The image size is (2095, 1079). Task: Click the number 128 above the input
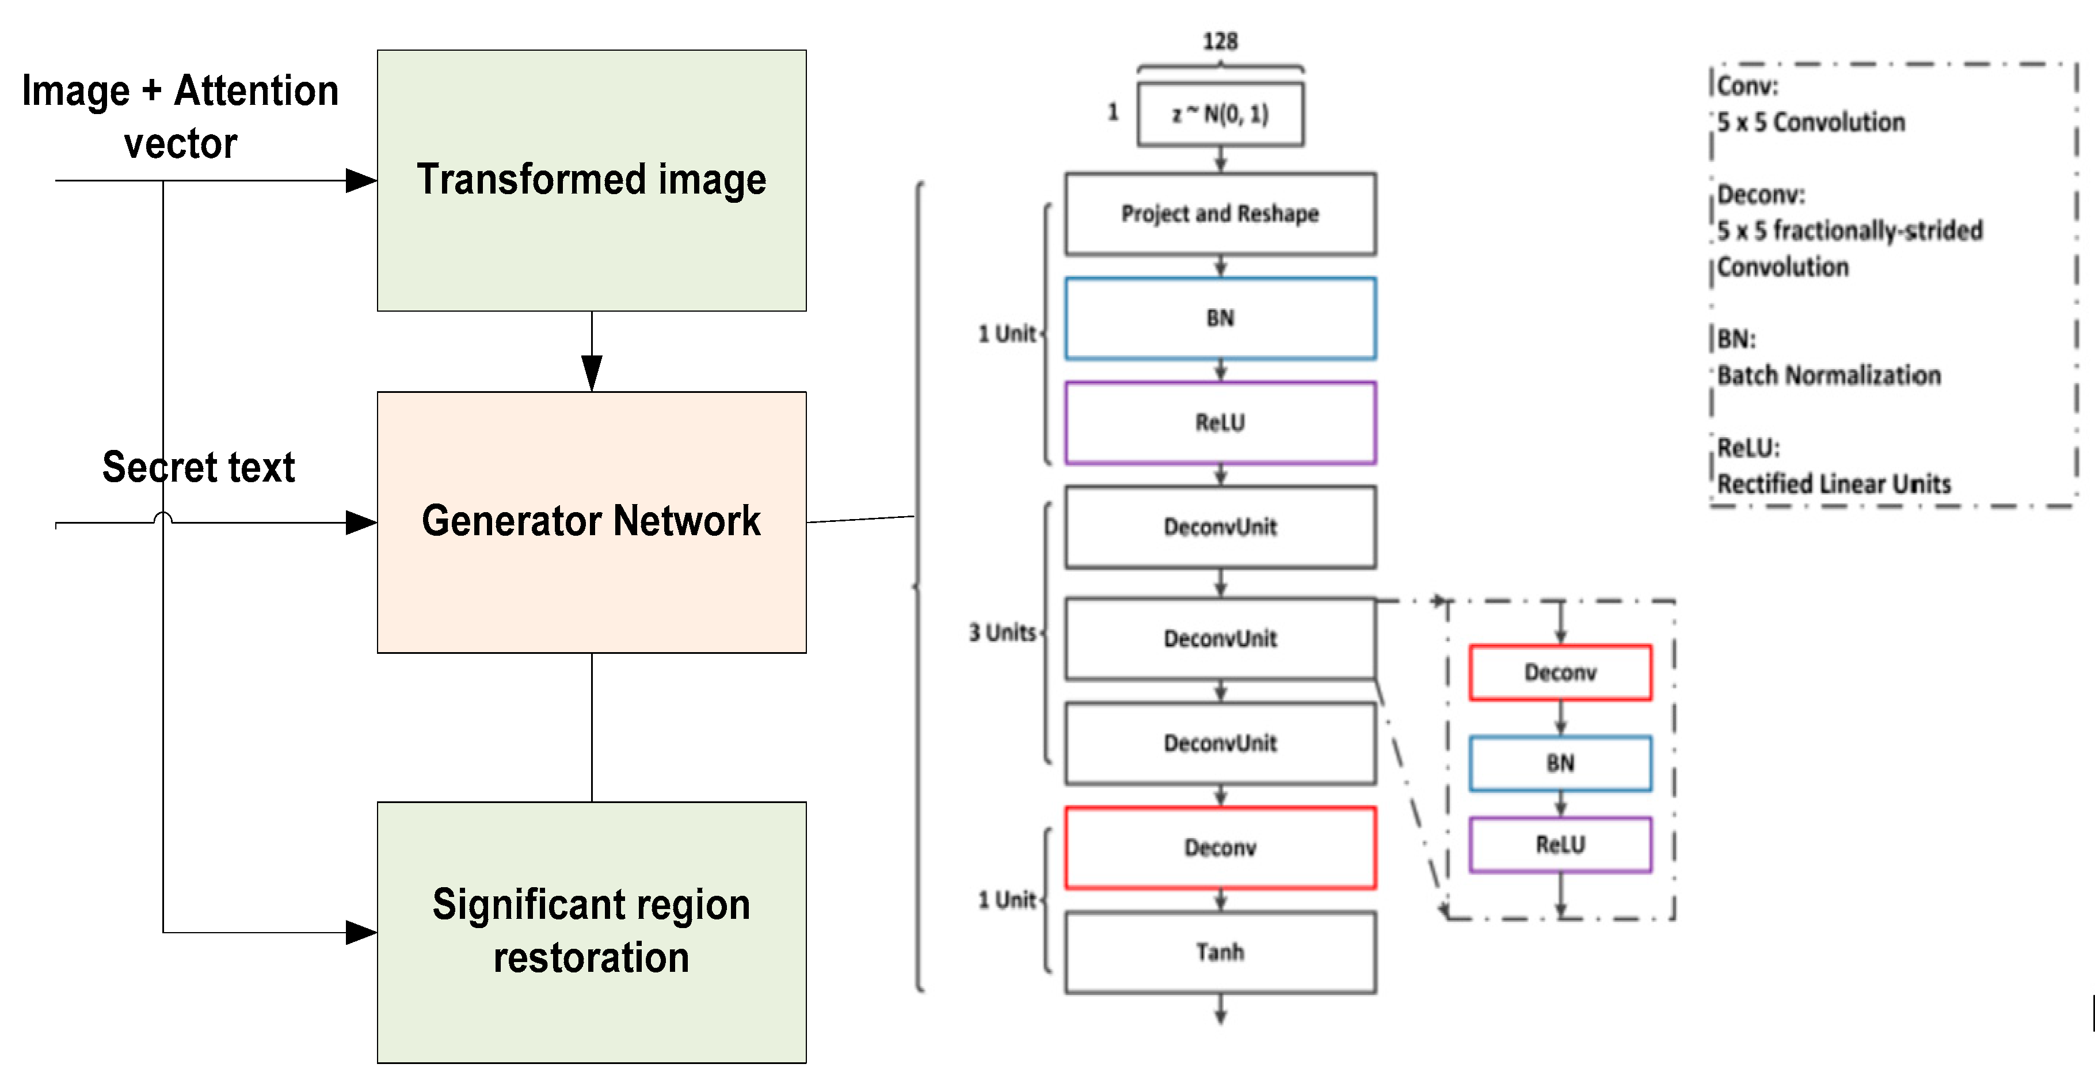pyautogui.click(x=1220, y=41)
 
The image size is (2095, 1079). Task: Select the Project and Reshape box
pyautogui.click(x=1220, y=214)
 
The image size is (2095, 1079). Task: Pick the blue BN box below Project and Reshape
pyautogui.click(x=1220, y=318)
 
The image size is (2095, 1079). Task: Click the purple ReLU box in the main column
pyautogui.click(x=1220, y=422)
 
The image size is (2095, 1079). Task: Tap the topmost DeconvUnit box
pyautogui.click(x=1220, y=527)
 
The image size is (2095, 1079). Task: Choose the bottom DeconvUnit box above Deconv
pyautogui.click(x=1220, y=743)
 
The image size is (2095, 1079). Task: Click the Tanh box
pyautogui.click(x=1220, y=952)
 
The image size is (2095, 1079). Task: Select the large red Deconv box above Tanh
pyautogui.click(x=1220, y=848)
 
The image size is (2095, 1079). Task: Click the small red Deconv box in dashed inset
pyautogui.click(x=1560, y=672)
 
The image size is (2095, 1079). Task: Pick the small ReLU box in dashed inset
pyautogui.click(x=1560, y=845)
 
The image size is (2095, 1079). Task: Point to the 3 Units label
pyautogui.click(x=1003, y=633)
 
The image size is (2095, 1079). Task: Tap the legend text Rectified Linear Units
pyautogui.click(x=1834, y=484)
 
